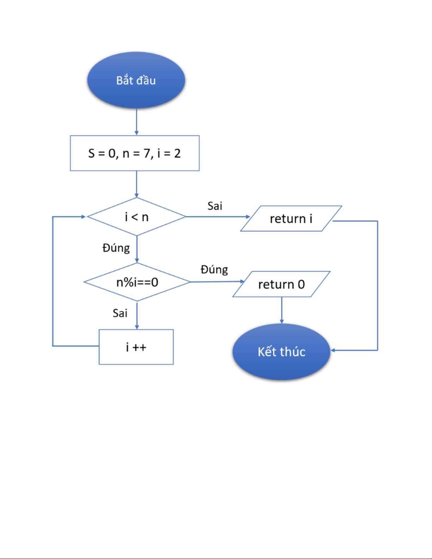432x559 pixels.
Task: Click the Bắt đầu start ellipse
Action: point(136,80)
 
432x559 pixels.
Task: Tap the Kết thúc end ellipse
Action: point(281,351)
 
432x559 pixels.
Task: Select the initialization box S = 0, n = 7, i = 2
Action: point(135,153)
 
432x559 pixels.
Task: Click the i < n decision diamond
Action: point(136,217)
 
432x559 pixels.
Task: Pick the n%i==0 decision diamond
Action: point(137,282)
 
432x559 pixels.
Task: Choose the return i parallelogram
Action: point(291,219)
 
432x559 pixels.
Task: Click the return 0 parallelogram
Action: point(281,284)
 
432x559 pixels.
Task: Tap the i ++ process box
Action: point(136,347)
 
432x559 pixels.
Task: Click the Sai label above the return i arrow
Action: point(215,206)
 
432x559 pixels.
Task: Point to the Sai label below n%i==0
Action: point(120,313)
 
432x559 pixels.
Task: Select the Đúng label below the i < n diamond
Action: point(116,248)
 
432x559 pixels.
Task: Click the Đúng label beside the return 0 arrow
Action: point(214,270)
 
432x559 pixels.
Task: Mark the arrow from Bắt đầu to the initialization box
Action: point(136,122)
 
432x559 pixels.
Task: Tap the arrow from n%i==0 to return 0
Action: point(217,281)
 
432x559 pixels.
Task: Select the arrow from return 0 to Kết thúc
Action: point(281,310)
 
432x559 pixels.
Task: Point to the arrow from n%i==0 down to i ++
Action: point(137,315)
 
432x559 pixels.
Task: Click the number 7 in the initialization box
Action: point(147,153)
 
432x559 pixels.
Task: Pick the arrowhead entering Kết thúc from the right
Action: point(333,350)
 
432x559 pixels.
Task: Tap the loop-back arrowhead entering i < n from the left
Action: point(83,217)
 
